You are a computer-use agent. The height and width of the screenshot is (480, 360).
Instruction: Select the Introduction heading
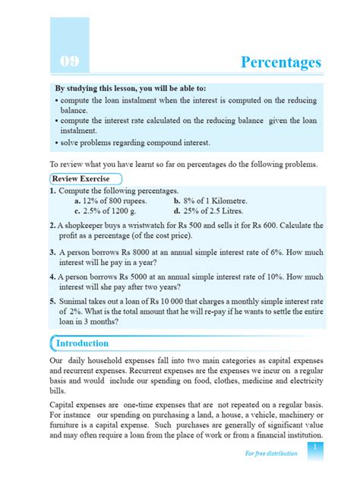[x=83, y=343]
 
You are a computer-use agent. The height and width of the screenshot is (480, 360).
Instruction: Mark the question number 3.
[x=52, y=249]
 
